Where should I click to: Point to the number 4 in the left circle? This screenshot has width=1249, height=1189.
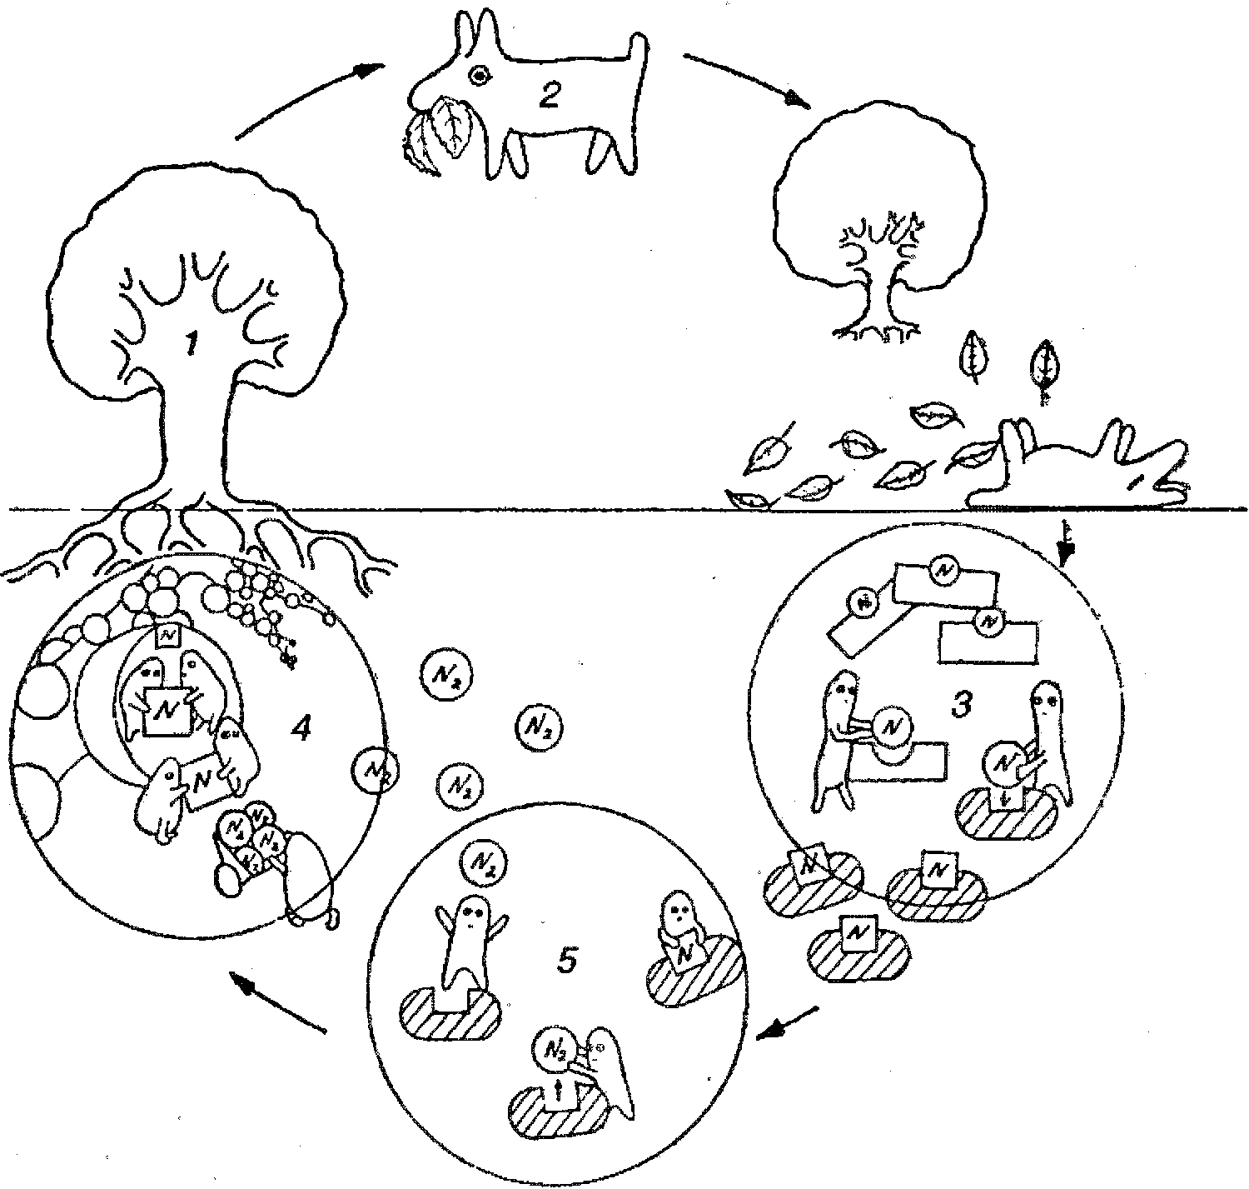[x=301, y=730]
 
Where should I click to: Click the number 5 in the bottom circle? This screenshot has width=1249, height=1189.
[x=565, y=962]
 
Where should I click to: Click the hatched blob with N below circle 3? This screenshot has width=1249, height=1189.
[x=858, y=941]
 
